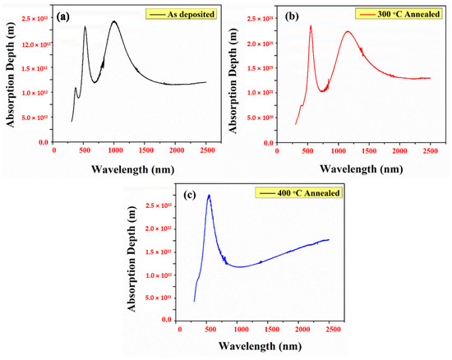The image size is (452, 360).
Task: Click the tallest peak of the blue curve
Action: tap(209, 196)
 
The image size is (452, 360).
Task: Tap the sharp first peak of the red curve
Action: tap(311, 25)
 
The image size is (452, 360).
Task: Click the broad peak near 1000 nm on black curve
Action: tap(114, 21)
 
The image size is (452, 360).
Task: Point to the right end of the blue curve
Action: tap(329, 239)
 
